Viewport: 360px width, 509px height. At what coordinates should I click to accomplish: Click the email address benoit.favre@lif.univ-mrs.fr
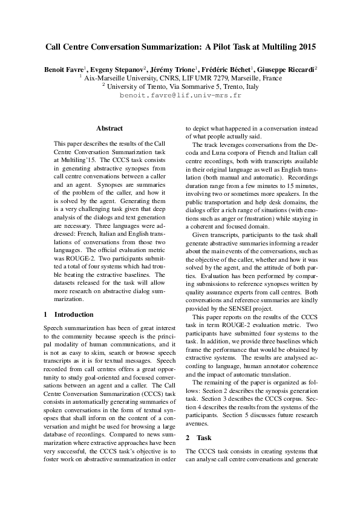coord(180,96)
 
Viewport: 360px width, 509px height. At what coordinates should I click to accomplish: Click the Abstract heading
coord(109,128)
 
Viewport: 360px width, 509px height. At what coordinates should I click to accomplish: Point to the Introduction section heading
coord(74,314)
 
